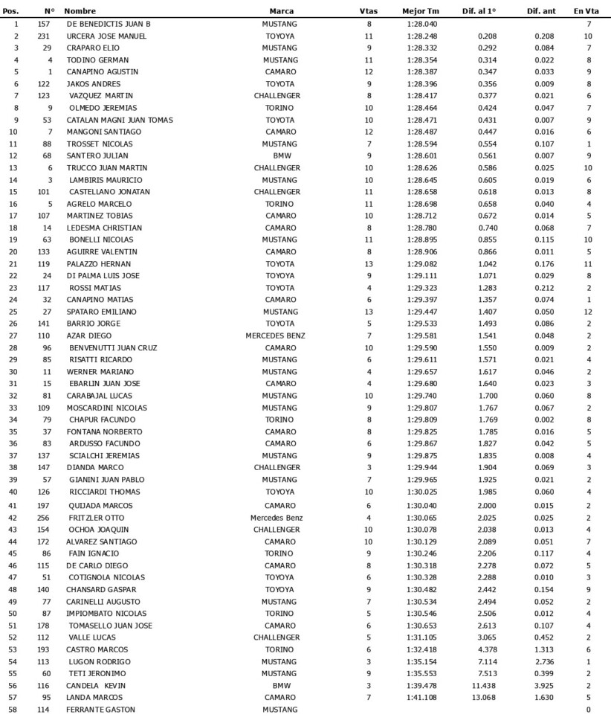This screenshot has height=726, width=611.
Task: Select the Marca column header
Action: pyautogui.click(x=281, y=12)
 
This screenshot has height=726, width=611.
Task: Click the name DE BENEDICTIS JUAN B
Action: pyautogui.click(x=109, y=24)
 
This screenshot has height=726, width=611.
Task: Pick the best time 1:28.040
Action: pyautogui.click(x=421, y=24)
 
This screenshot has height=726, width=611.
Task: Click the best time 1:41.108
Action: pyautogui.click(x=421, y=697)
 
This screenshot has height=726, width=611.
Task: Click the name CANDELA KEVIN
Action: pyautogui.click(x=97, y=685)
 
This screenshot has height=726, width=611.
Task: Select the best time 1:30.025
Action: pyautogui.click(x=421, y=491)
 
